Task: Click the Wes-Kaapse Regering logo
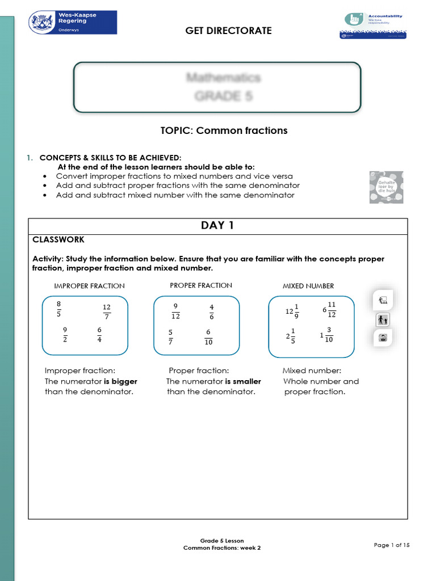[73, 23]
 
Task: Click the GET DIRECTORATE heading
[228, 31]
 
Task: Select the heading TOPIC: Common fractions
[224, 130]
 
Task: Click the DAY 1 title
[217, 225]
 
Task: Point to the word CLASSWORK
[58, 240]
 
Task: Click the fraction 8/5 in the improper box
[58, 310]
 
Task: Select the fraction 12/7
[107, 311]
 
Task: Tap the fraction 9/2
[65, 334]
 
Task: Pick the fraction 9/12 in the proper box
[175, 311]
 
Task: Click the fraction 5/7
[171, 337]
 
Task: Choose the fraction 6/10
[208, 337]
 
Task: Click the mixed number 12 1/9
[292, 311]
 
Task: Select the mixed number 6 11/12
[329, 309]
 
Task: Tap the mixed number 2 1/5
[291, 336]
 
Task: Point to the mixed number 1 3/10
[326, 335]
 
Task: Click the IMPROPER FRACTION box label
[89, 286]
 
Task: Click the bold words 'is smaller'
[243, 381]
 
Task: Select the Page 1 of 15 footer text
[392, 545]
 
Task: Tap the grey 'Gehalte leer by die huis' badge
[386, 188]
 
